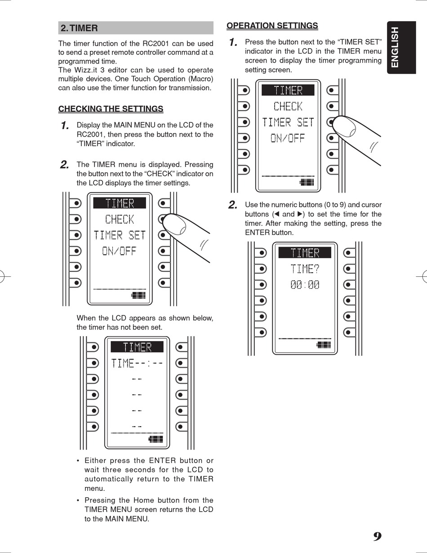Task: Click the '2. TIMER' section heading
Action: coord(79,28)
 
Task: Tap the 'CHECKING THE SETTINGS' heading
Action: coord(111,109)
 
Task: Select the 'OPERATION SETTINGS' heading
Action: coord(272,26)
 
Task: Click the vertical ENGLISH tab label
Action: coord(395,47)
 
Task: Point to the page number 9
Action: coord(378,537)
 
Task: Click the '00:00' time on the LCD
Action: coord(305,284)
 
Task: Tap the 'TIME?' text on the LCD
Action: coord(305,269)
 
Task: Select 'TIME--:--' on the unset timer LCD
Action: coord(137,363)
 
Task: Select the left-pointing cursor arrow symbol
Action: coord(277,214)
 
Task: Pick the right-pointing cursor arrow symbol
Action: coord(300,214)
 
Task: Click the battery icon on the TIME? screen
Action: coord(324,345)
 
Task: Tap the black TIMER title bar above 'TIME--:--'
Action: coord(137,347)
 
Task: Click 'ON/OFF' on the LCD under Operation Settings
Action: coord(288,138)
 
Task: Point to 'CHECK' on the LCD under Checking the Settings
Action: coord(120,220)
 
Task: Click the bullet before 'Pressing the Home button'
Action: coord(78,500)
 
